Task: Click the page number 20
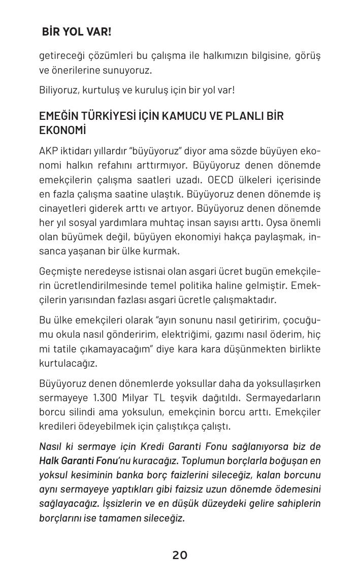[x=180, y=556]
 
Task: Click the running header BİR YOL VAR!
[x=77, y=32]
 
